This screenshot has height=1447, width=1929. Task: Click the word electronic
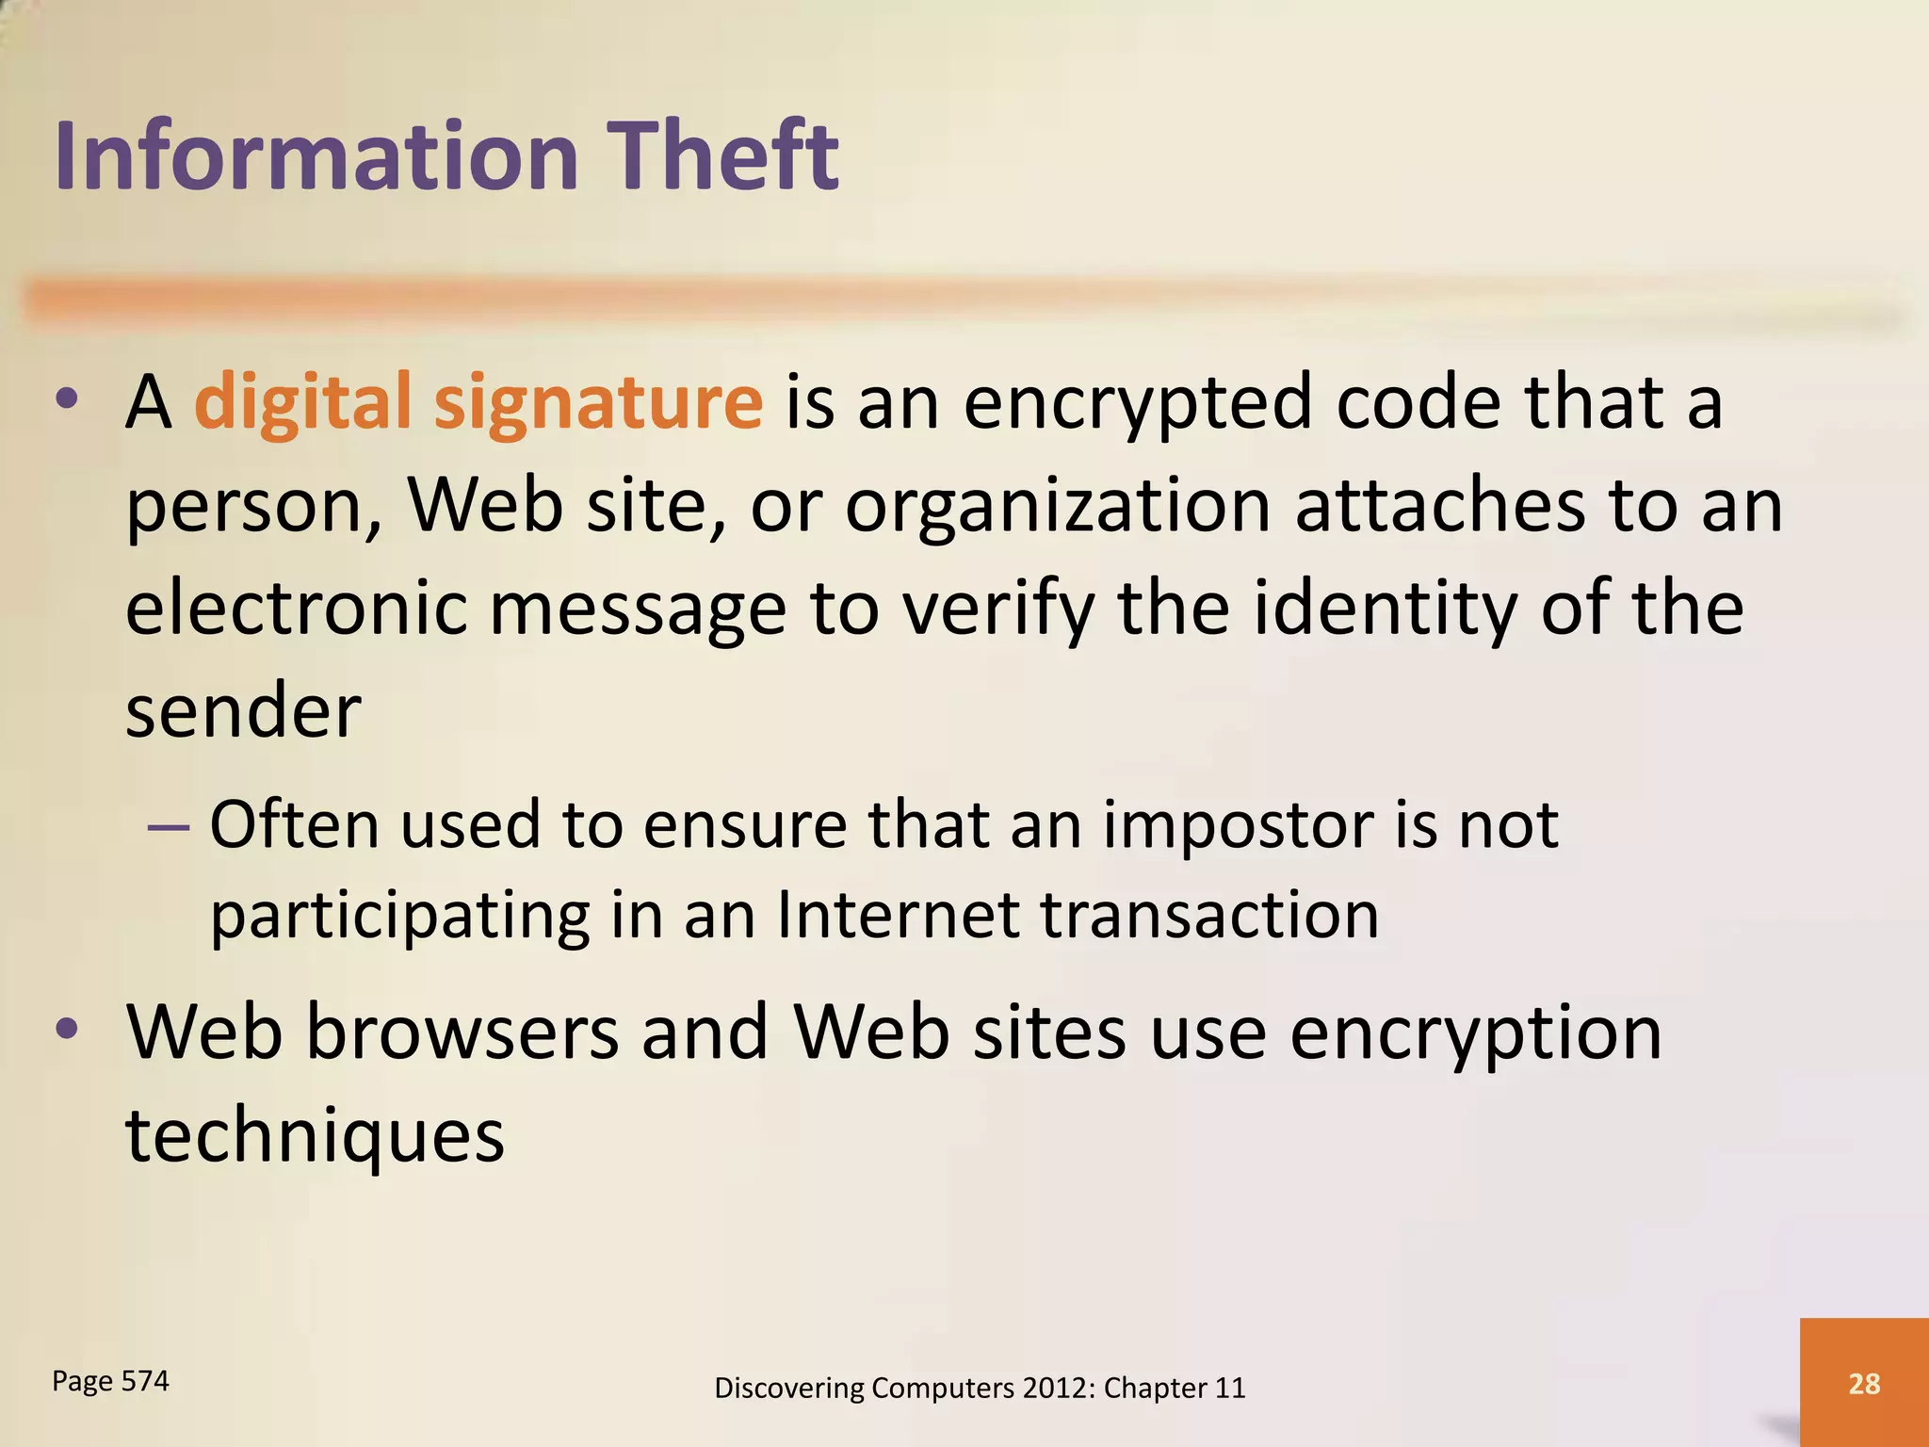(296, 609)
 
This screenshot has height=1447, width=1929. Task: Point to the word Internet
(899, 916)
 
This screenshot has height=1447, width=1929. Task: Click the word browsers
(462, 1032)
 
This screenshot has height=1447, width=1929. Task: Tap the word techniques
(315, 1135)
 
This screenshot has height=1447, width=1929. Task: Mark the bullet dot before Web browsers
(67, 1030)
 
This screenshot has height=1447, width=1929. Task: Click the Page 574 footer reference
(110, 1381)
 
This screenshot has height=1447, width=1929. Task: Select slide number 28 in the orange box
(1864, 1383)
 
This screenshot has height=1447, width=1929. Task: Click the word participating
(399, 916)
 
